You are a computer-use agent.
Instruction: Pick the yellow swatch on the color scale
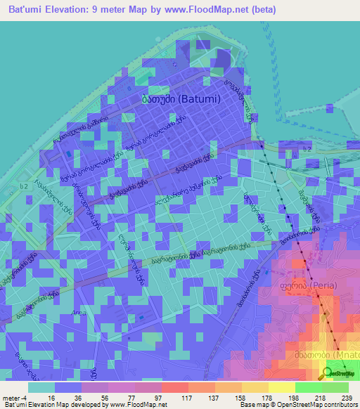coord(282,387)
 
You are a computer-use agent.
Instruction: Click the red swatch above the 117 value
coord(175,387)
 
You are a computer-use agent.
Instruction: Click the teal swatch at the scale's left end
coord(41,387)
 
